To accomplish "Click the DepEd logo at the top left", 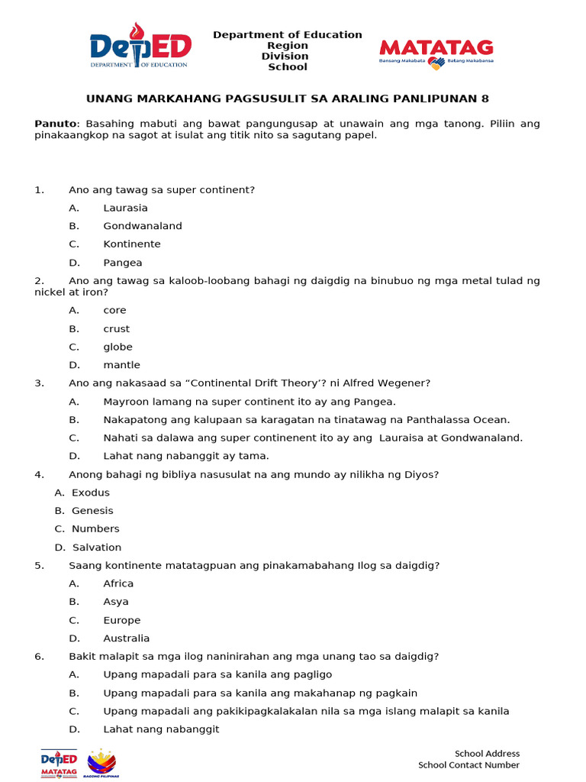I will [x=140, y=47].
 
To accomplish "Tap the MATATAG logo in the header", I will [x=436, y=54].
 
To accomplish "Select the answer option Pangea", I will [x=123, y=263].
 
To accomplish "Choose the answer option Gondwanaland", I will [x=143, y=226].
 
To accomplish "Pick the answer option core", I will [x=115, y=310].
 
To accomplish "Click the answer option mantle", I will [x=122, y=365].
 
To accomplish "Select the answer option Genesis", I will [x=92, y=511].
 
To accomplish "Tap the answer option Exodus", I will [x=91, y=493].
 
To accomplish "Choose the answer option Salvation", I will [x=97, y=548].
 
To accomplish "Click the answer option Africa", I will [x=118, y=583].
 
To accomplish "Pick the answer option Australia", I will [x=127, y=638].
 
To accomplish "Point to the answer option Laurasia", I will [x=126, y=208].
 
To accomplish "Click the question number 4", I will [x=38, y=474].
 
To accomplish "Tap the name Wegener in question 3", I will [x=407, y=383].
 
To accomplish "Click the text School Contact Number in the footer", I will [x=468, y=765].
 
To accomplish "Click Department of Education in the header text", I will [x=288, y=35].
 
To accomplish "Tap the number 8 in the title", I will [x=485, y=99].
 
